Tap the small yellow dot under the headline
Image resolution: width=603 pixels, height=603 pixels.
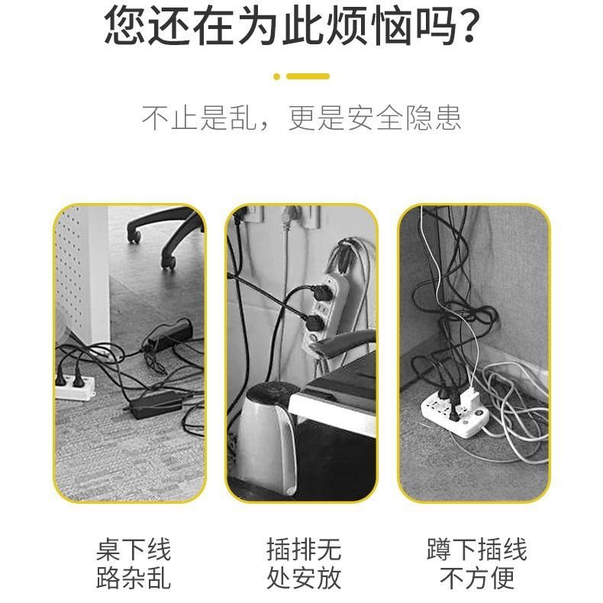pyautogui.click(x=276, y=76)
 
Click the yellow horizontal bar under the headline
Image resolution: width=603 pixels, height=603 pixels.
pyautogui.click(x=308, y=76)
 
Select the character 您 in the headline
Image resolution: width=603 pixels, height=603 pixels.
pyautogui.click(x=125, y=25)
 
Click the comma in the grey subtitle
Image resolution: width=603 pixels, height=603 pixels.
pyautogui.click(x=264, y=126)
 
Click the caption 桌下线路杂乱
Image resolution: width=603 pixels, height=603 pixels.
pyautogui.click(x=134, y=563)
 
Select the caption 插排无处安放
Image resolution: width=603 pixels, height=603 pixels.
pyautogui.click(x=304, y=563)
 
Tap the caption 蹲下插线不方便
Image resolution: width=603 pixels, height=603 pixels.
pyautogui.click(x=477, y=563)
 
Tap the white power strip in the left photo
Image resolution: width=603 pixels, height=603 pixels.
pyautogui.click(x=74, y=387)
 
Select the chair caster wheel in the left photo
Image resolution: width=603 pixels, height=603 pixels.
pyautogui.click(x=169, y=263)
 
